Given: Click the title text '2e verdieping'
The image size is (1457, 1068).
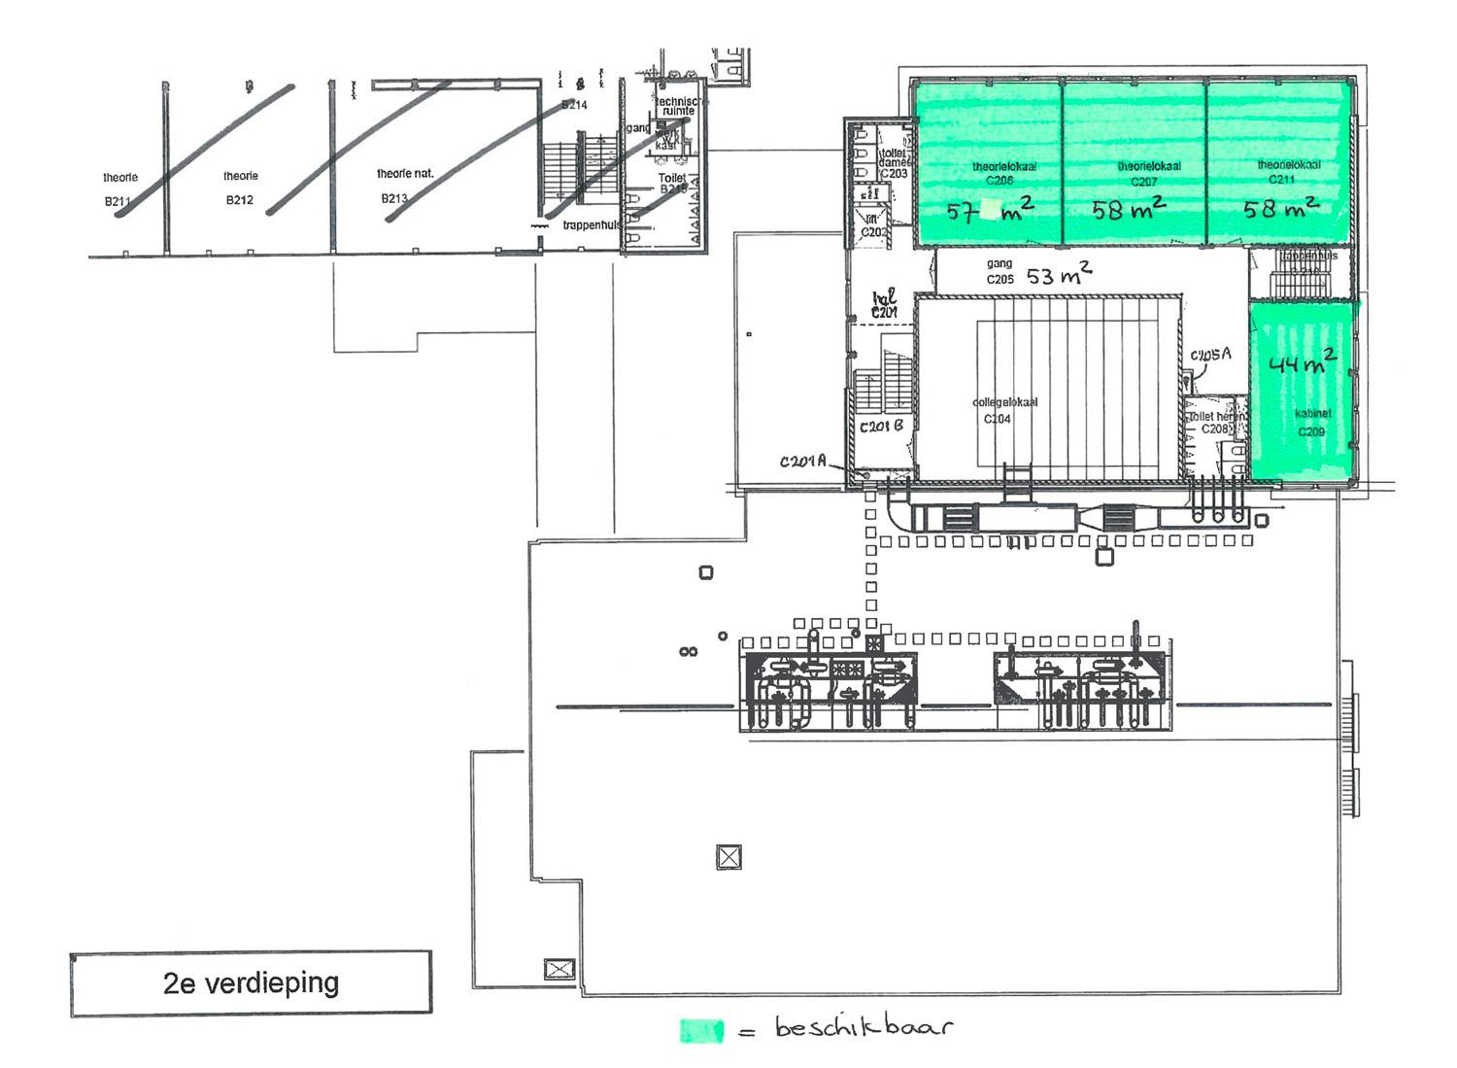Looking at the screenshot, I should [251, 983].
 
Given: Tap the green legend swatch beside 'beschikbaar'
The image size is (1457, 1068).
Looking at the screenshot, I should [701, 1030].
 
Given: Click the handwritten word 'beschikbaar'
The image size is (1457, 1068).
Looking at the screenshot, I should [864, 1026].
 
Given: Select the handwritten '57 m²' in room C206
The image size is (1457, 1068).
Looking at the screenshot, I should [989, 210].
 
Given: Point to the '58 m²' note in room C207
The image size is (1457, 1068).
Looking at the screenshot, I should [1129, 209].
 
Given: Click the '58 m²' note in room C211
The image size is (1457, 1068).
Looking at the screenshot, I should [1281, 208].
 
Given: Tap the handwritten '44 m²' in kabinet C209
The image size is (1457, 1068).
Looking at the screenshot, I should [1303, 362].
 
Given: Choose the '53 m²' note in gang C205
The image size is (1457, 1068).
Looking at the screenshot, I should [1059, 275].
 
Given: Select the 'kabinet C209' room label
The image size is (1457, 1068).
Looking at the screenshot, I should [1311, 423].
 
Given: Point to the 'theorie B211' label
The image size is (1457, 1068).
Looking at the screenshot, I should [119, 189].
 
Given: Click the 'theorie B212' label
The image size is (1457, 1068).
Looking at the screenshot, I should [240, 189].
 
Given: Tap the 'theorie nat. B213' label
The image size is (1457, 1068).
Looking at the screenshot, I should [403, 186].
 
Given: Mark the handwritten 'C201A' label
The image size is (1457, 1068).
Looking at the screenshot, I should [802, 462].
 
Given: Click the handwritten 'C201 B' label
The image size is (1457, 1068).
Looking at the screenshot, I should [881, 426].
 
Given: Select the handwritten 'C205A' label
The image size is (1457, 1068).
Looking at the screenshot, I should [1210, 355].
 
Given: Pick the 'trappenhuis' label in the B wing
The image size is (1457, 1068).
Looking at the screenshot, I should [591, 225].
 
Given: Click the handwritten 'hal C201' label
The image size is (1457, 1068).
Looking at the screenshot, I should [884, 304].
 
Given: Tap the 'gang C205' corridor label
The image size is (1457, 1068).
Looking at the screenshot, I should [1000, 271].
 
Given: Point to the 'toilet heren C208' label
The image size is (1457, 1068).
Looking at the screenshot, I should [1215, 423].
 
